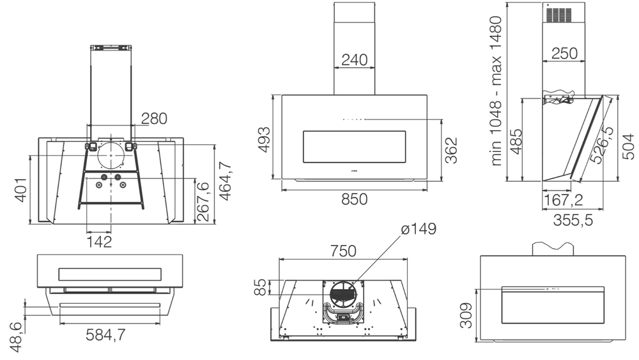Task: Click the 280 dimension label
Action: coord(154,119)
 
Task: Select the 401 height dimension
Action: coord(21,189)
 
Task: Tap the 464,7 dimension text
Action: coord(226,181)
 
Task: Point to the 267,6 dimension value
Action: coord(203,202)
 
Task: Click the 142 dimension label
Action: coord(99,242)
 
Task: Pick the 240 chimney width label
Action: coord(355,60)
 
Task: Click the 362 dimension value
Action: coord(451,150)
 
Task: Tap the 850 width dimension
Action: coord(355,200)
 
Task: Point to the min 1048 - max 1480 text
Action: coord(496,91)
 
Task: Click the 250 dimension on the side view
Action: coord(565,54)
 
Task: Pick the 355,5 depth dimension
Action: coord(573,220)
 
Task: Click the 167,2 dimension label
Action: coord(564,200)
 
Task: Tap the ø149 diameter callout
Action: coord(419,229)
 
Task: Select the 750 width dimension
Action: coord(343,251)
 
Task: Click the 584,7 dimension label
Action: coord(105,334)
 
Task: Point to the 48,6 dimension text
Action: coord(17,337)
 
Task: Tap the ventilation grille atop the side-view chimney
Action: coord(560,15)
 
